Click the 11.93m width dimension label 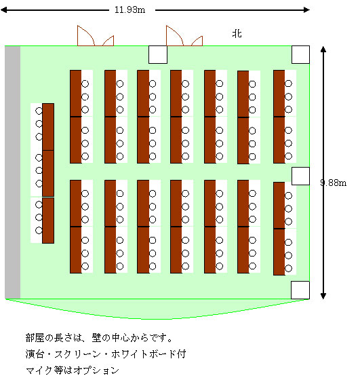tap(129, 10)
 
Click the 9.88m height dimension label tap(334, 183)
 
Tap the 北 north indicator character tap(237, 33)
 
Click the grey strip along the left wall tap(12, 172)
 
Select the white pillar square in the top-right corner tap(300, 55)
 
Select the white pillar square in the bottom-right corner tap(300, 290)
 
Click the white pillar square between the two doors tap(158, 55)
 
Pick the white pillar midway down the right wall tap(300, 176)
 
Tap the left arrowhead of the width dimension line tap(4, 10)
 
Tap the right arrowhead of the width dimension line tap(306, 10)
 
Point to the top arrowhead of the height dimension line tap(323, 49)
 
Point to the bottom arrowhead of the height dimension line tap(323, 296)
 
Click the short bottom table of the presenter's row tap(48, 221)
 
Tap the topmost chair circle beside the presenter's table tap(39, 111)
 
